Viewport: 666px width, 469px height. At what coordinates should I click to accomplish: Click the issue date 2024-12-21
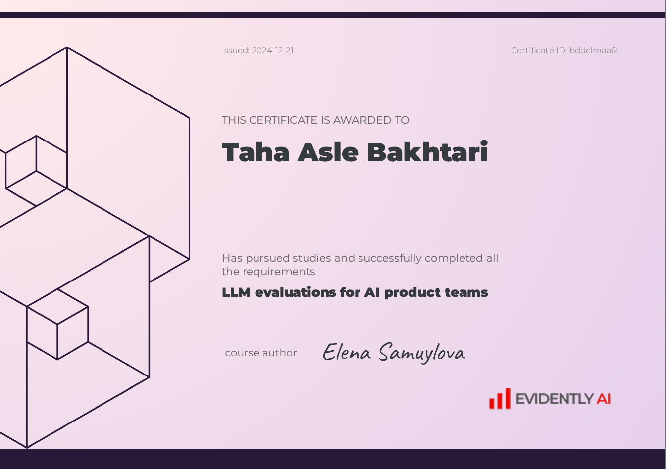pos(273,51)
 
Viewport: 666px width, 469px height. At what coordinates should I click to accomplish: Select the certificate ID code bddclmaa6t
pos(594,51)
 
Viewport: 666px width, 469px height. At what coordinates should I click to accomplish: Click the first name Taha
pos(256,152)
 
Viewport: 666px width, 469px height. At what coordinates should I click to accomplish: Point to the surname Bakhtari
pos(427,151)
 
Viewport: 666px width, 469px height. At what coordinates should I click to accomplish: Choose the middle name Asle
pos(328,152)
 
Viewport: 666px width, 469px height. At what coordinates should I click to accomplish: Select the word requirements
pos(279,272)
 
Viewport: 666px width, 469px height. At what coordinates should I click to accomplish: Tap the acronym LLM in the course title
pos(236,292)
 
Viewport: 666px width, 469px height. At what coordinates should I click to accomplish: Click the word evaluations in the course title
pos(296,292)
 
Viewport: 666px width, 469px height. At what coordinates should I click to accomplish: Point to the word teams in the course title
pos(466,292)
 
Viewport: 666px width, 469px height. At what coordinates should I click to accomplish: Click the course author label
pos(261,353)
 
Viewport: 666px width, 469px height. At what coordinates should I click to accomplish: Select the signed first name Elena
pos(347,352)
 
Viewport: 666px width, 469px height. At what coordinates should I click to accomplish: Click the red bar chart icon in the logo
pos(500,399)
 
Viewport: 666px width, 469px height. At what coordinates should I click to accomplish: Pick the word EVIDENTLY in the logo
pos(555,399)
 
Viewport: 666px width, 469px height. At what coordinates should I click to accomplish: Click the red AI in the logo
pos(603,399)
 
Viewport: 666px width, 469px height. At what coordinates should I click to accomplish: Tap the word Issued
pos(236,51)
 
